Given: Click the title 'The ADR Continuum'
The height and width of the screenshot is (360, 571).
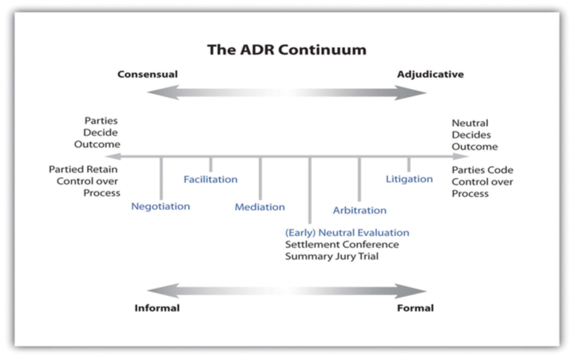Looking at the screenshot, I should tap(287, 52).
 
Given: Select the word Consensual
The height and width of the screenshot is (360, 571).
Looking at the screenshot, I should tap(147, 75).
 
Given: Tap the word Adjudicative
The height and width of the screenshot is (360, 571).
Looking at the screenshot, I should tap(430, 75).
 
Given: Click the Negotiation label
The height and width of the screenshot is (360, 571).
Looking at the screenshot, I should tap(161, 206).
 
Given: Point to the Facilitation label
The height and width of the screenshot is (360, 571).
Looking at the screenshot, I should tap(211, 179).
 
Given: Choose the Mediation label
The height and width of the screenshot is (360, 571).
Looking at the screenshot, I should tap(260, 207).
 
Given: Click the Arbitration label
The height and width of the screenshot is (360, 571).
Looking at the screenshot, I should tap(359, 211).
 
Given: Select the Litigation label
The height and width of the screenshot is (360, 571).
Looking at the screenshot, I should tap(409, 179).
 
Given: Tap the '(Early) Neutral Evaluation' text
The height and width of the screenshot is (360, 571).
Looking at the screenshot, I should tap(348, 233).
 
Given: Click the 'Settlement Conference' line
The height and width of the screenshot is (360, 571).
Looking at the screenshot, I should tap(342, 245).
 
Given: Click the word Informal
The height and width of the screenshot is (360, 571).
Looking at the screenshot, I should tap(157, 308).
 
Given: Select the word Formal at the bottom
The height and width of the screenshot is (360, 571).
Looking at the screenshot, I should tap(416, 308).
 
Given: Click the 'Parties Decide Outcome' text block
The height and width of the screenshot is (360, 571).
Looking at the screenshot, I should tap(102, 132).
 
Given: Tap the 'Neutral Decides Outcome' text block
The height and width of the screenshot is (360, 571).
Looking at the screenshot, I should tap(474, 134).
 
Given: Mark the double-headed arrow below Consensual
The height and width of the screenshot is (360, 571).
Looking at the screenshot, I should tap(287, 93).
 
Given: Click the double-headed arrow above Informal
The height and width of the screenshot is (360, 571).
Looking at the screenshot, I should tap(287, 291).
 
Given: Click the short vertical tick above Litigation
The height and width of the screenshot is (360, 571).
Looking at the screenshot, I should tap(409, 164).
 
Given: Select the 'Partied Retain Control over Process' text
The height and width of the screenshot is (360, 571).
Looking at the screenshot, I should tap(84, 181).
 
